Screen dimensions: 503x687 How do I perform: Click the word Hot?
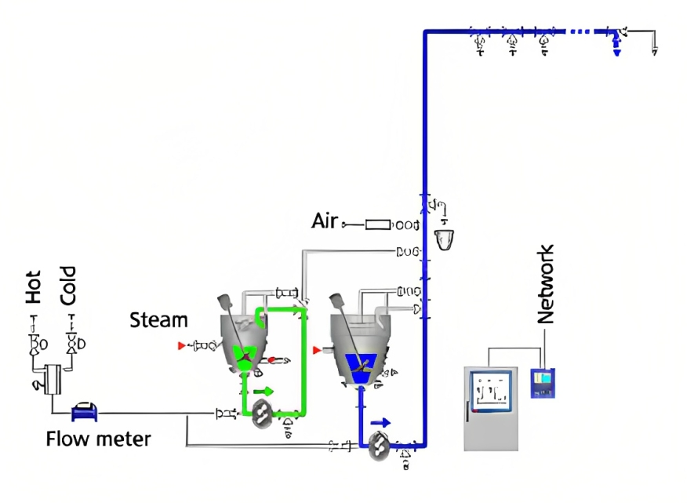34,287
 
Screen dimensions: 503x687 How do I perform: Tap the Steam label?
158,320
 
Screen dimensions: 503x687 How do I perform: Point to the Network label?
546,284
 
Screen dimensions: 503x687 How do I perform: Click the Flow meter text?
98,439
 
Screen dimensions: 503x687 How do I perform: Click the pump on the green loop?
264,415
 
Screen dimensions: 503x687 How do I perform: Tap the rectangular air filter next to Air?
379,225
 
